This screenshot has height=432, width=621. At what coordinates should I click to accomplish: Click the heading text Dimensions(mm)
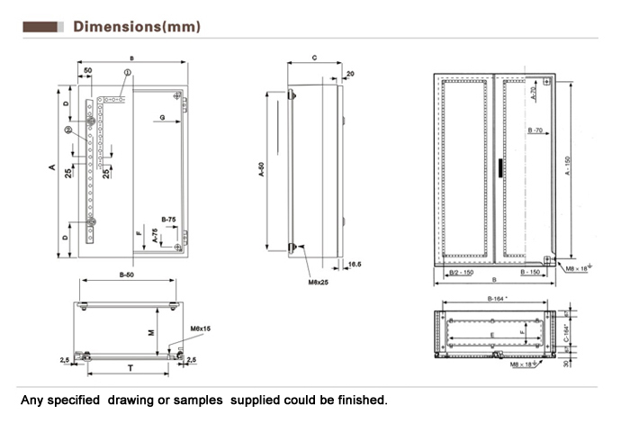pyautogui.click(x=137, y=26)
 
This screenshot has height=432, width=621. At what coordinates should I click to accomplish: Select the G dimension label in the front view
pyautogui.click(x=161, y=118)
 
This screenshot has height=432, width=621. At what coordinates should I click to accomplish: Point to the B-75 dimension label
pyautogui.click(x=167, y=220)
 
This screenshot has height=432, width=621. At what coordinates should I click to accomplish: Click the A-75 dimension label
pyautogui.click(x=157, y=236)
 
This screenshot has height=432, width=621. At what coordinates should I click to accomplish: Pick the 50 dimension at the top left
pyautogui.click(x=87, y=70)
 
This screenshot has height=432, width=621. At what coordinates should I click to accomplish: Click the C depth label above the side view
pyautogui.click(x=313, y=57)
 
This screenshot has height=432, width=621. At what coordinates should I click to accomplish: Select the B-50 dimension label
pyautogui.click(x=127, y=273)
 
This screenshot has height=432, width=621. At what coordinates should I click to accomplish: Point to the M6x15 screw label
pyautogui.click(x=201, y=328)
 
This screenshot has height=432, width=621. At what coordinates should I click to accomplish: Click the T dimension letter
pyautogui.click(x=130, y=367)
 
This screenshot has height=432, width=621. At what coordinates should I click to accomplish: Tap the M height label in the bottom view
pyautogui.click(x=152, y=331)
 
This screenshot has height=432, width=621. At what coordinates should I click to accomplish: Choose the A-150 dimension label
pyautogui.click(x=567, y=166)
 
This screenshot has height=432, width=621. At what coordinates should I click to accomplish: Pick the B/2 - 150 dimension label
pyautogui.click(x=461, y=272)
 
